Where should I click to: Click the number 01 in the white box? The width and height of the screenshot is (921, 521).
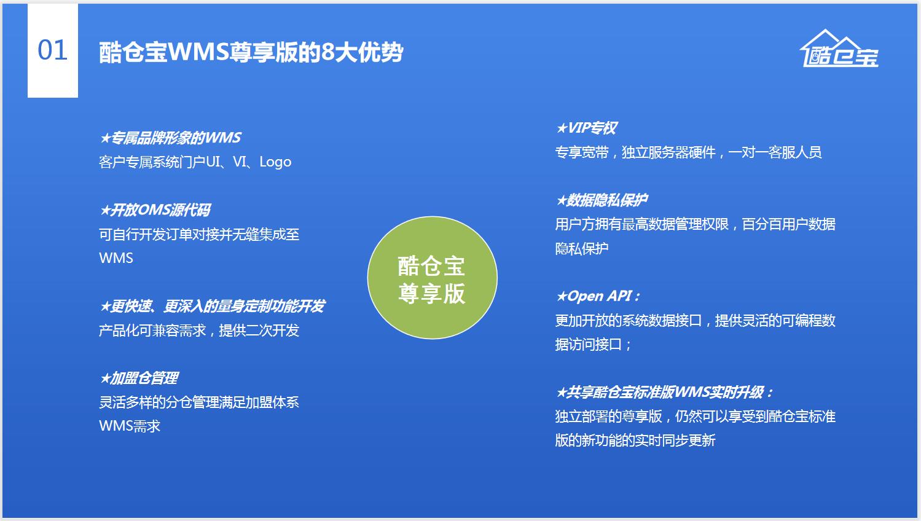pos(53,50)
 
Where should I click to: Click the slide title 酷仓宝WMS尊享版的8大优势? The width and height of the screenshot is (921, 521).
pos(251,52)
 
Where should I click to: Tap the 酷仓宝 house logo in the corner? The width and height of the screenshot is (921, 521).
pos(839,48)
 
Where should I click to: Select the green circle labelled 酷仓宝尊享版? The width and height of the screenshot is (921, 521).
pos(432,278)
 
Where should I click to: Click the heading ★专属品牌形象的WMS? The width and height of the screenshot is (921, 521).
pos(170,138)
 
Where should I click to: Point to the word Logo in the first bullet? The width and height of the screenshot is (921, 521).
pos(275,162)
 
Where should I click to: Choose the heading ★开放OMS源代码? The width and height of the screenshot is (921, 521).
pos(155,210)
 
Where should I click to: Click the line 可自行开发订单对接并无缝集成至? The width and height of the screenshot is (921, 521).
pos(199,234)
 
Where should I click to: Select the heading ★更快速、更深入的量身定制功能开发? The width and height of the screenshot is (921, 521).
pos(212,307)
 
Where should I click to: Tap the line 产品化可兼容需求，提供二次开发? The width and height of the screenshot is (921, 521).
pos(199,330)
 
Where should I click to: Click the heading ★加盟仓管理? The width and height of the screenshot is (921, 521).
pos(139,378)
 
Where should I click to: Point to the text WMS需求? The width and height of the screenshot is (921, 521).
pos(130,426)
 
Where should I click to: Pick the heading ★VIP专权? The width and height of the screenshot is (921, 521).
pos(586,128)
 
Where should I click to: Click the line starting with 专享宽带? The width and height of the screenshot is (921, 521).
pos(688,152)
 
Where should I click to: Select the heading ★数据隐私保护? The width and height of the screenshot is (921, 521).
pos(602,200)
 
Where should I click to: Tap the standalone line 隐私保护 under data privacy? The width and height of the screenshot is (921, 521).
pos(582,248)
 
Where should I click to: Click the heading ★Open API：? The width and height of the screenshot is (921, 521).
pos(598,296)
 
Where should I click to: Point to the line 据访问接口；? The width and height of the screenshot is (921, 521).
pos(593,344)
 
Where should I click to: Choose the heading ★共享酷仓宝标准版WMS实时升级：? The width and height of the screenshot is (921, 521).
pos(664,393)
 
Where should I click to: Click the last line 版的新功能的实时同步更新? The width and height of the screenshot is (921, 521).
pos(635,441)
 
